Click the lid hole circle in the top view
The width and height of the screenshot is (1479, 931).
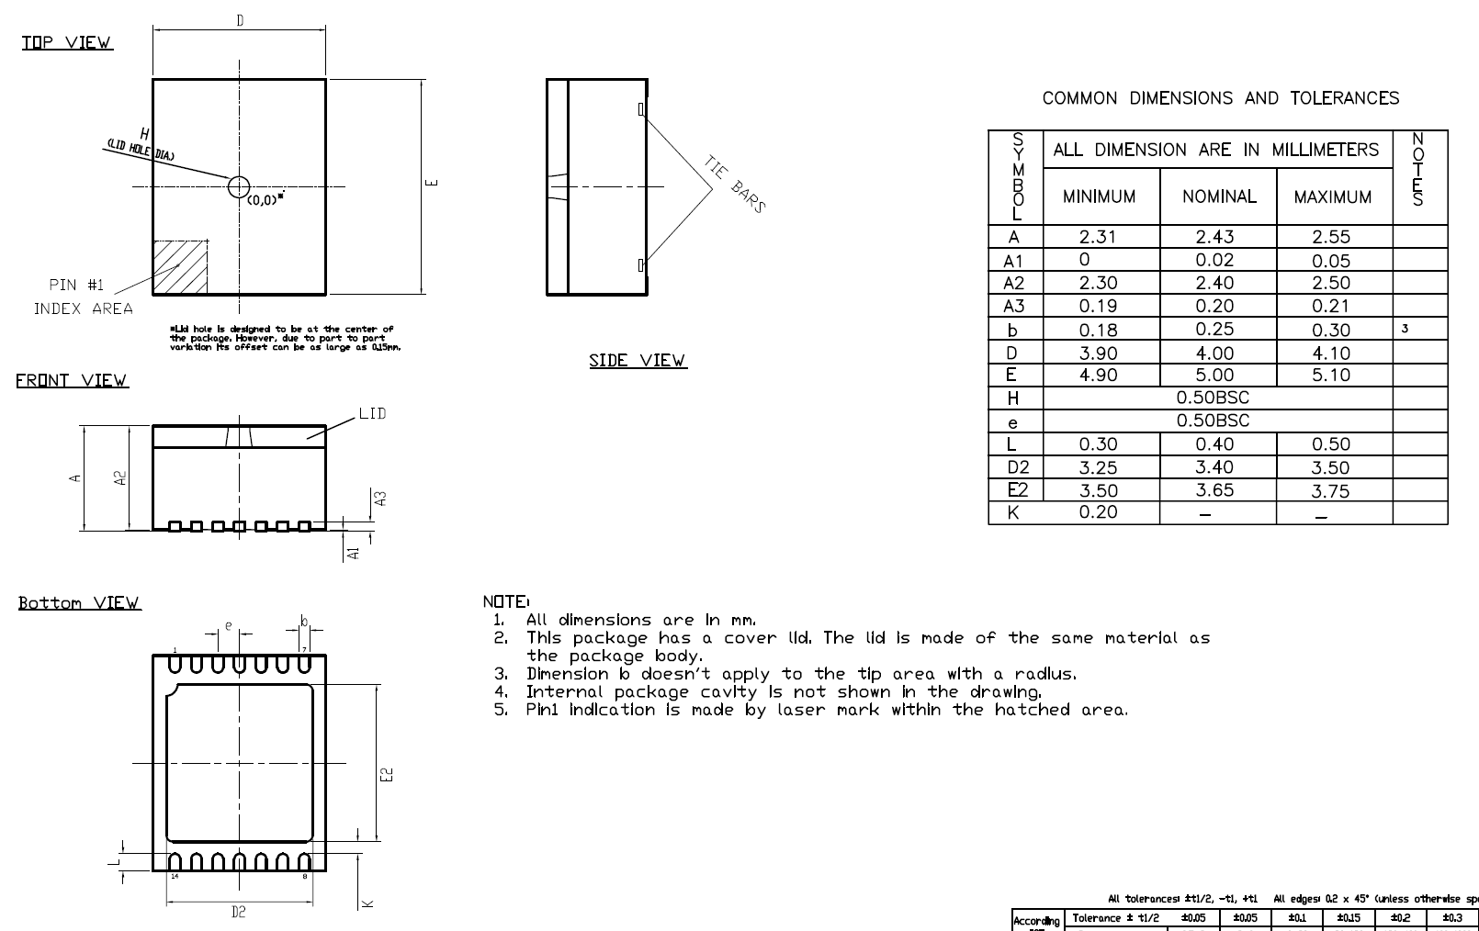(x=239, y=187)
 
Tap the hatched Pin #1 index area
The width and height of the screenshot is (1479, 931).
(x=180, y=267)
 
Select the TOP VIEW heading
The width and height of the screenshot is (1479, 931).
(x=67, y=42)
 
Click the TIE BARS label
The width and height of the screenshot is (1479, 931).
(x=735, y=184)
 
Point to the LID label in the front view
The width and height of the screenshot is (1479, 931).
(x=372, y=414)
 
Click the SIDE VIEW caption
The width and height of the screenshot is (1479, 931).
(x=638, y=361)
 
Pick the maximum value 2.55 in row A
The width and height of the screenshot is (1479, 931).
(x=1331, y=237)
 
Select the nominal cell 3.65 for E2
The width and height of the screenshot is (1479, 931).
(x=1214, y=490)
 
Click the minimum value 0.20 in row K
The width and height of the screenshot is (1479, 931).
(x=1098, y=512)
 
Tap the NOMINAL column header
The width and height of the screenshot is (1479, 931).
(x=1218, y=196)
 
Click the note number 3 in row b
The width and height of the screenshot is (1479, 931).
(x=1405, y=329)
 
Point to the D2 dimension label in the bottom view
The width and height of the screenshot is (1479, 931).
(x=238, y=912)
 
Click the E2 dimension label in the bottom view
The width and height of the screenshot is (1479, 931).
(x=387, y=775)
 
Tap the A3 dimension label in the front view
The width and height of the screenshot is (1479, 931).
(x=381, y=498)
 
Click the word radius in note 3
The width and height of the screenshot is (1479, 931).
(x=1044, y=674)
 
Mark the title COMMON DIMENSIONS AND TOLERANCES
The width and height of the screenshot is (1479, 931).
(x=1220, y=98)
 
